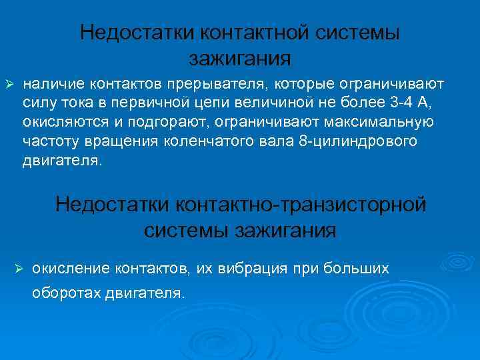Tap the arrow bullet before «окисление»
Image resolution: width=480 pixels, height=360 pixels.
[19, 268]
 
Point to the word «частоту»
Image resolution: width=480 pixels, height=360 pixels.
[50, 141]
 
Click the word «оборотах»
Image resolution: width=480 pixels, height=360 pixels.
[65, 293]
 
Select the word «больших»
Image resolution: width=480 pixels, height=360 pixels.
[355, 268]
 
